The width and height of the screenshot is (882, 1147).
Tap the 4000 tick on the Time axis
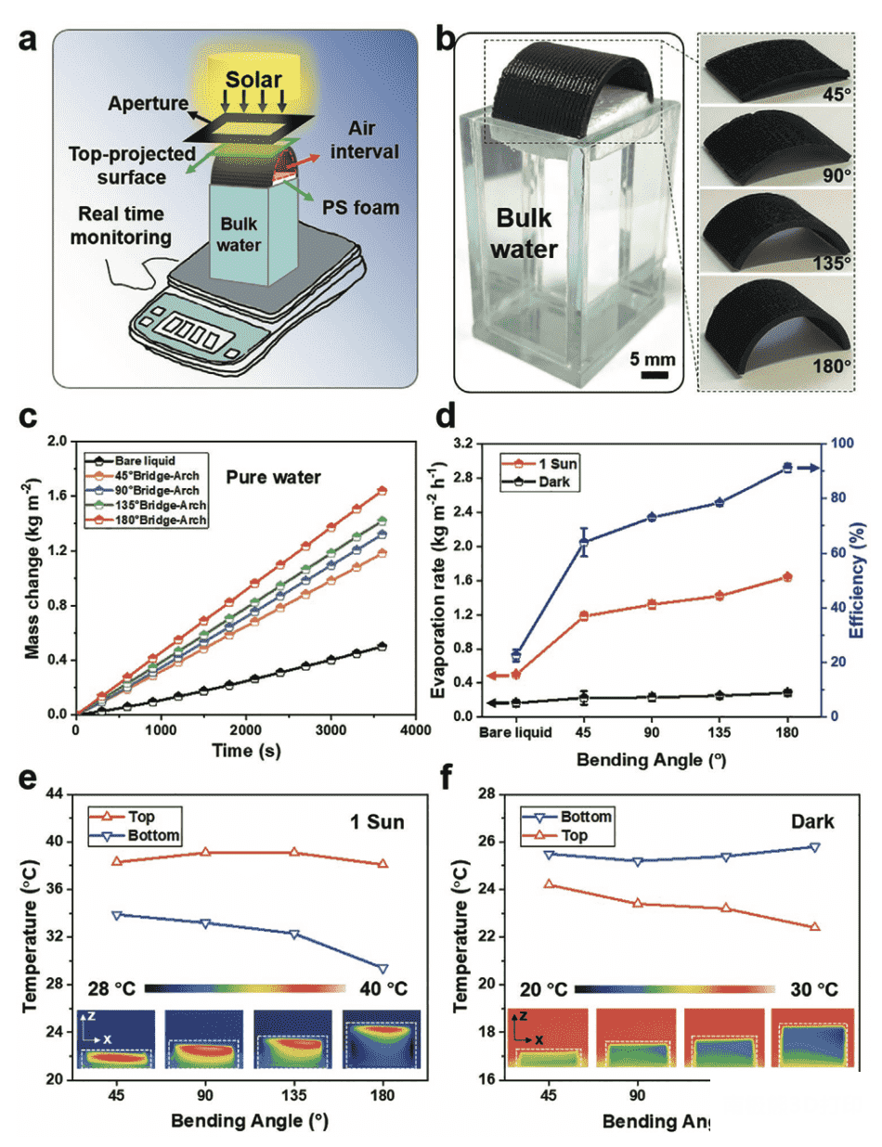pyautogui.click(x=412, y=731)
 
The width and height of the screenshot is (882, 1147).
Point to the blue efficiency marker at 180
pyautogui.click(x=786, y=469)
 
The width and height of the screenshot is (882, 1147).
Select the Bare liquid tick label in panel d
pyautogui.click(x=515, y=732)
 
